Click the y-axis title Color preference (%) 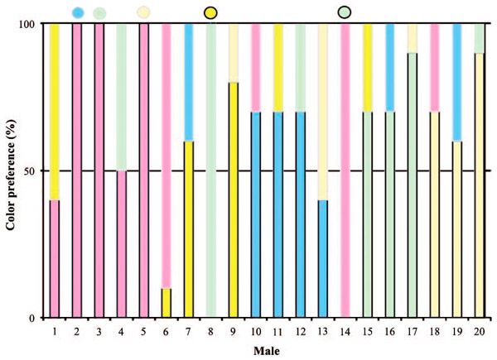[12, 170]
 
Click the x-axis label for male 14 [344, 331]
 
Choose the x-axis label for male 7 [188, 331]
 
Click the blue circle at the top [78, 12]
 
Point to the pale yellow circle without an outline [144, 12]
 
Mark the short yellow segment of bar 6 [166, 302]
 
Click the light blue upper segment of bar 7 [188, 82]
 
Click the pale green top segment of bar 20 [479, 38]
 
